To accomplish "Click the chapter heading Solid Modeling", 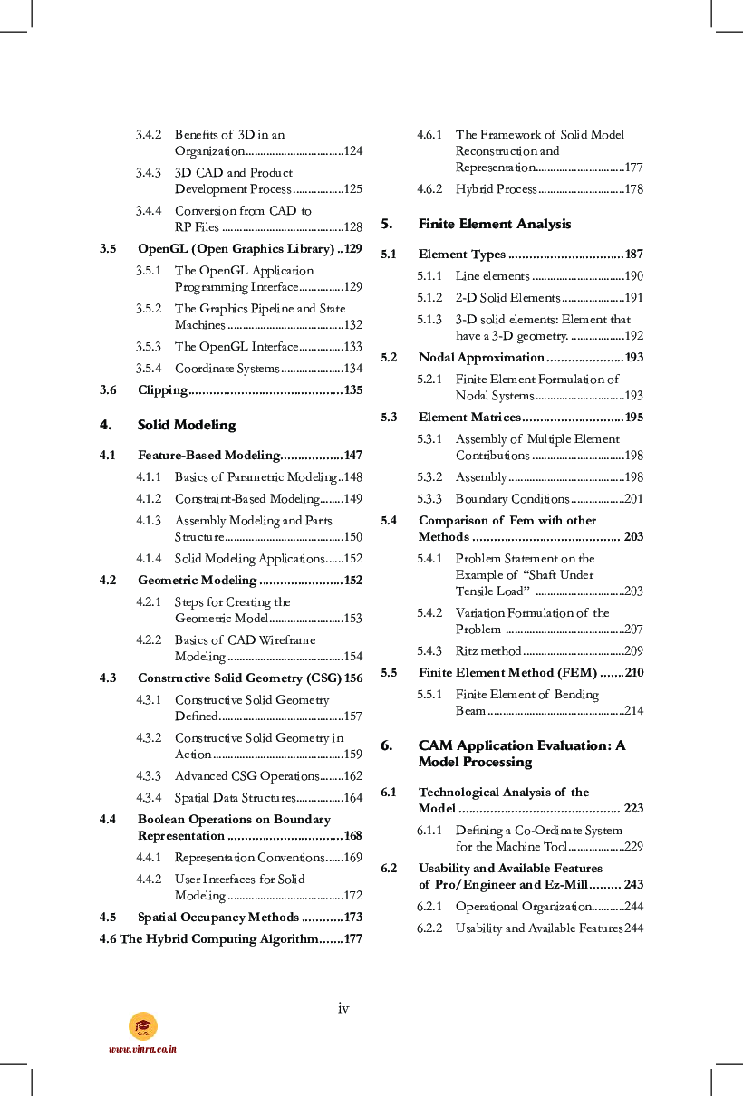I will (x=186, y=425).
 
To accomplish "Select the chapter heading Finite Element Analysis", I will (x=494, y=224).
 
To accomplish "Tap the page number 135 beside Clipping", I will (x=352, y=390).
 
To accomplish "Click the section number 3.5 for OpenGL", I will (x=108, y=248).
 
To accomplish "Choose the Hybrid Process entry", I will (x=496, y=189).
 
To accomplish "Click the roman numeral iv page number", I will (x=343, y=1008).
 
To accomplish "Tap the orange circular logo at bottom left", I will (x=142, y=1025).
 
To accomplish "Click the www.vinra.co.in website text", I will (x=142, y=1049).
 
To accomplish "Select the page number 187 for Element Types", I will (x=633, y=255).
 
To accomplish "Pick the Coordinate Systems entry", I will (x=227, y=369).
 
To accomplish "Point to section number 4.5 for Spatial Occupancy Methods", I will (x=108, y=918).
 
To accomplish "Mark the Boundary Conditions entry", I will (x=512, y=499).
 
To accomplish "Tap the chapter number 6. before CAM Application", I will (x=386, y=745).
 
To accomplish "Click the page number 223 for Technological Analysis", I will (x=633, y=809).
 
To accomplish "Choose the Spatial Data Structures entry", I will (x=235, y=798).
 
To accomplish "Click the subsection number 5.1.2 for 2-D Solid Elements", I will (x=429, y=298).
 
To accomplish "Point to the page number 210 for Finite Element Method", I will (x=633, y=673).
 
